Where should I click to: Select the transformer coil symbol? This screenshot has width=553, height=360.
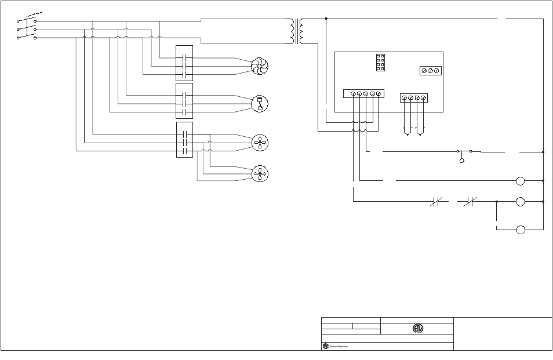[x=299, y=31]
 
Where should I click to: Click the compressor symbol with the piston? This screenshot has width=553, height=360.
[x=260, y=104]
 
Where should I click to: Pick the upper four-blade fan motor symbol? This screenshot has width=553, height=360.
[x=260, y=143]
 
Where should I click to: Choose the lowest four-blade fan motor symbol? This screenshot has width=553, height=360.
[x=260, y=173]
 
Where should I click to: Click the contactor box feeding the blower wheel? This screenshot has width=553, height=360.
[x=184, y=63]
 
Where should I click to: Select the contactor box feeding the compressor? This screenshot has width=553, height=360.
[x=184, y=101]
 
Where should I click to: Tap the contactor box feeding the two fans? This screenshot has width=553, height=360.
[x=184, y=140]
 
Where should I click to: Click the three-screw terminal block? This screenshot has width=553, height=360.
[x=430, y=71]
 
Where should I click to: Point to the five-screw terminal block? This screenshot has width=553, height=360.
[x=362, y=94]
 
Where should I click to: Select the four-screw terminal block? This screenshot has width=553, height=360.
[x=414, y=98]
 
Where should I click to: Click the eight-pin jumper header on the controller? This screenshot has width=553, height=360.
[x=380, y=63]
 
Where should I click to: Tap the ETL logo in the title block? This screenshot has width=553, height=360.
[x=417, y=328]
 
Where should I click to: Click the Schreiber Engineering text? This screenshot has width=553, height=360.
[x=339, y=346]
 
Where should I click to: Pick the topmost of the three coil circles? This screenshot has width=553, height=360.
[x=521, y=181]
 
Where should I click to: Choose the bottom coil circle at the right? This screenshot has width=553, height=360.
[x=521, y=230]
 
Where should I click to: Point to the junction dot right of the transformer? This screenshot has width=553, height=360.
[x=326, y=19]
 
